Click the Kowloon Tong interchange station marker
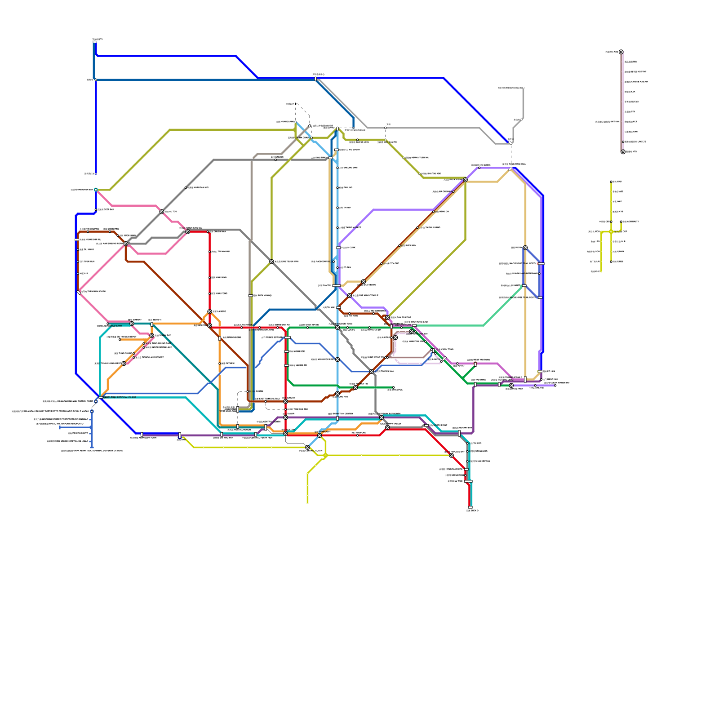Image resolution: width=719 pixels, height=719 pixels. pos(337,328)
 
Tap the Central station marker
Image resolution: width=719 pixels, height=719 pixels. pos(285,434)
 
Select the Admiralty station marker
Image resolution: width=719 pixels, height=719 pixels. pos(320,435)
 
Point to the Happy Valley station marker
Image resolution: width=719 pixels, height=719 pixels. pos(387,427)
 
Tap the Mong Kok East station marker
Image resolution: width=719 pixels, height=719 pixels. pos(337,359)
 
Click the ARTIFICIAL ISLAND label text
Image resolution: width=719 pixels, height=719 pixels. pos(120,397)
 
